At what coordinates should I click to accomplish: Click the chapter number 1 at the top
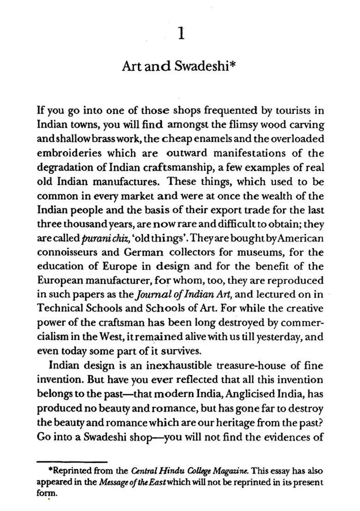(181, 34)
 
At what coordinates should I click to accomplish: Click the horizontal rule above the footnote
(72, 460)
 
